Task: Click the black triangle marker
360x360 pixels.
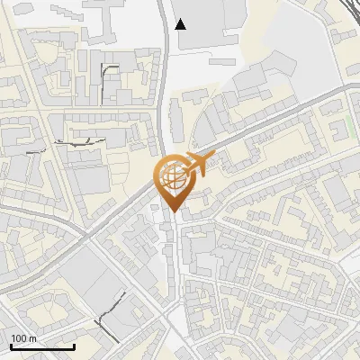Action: tap(181, 24)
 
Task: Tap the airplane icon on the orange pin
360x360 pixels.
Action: tap(197, 165)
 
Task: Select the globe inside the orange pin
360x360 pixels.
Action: tap(172, 178)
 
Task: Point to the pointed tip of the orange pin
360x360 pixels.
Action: tap(172, 211)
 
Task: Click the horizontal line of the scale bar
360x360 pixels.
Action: tap(42, 347)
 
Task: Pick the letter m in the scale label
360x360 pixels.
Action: tap(33, 338)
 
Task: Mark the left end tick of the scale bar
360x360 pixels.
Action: tap(11, 346)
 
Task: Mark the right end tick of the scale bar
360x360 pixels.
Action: tap(74, 346)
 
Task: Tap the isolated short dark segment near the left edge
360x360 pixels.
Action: tap(36, 152)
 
